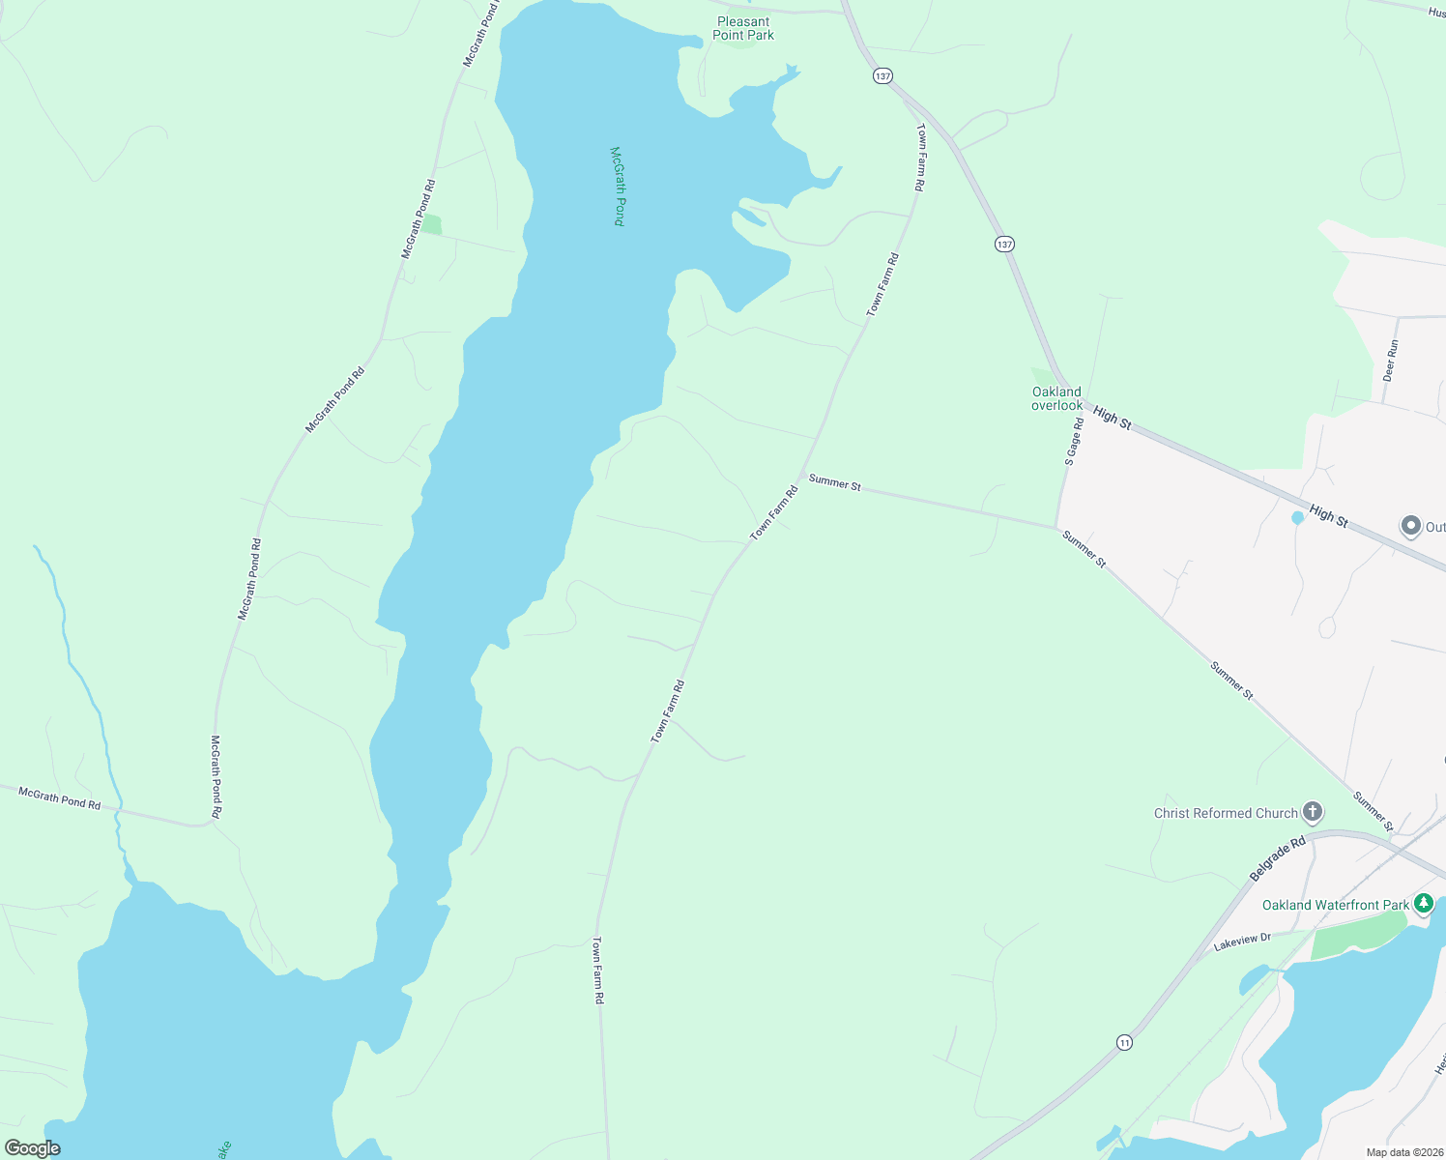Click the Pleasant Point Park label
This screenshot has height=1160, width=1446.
[x=743, y=28]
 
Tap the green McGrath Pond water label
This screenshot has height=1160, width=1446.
[x=618, y=187]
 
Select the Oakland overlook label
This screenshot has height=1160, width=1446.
[x=1056, y=398]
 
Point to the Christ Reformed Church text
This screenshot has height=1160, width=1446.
[x=1226, y=813]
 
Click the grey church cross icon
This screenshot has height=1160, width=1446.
[x=1312, y=811]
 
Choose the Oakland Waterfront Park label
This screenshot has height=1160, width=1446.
[x=1336, y=905]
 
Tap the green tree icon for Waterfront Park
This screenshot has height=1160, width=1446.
[x=1423, y=904]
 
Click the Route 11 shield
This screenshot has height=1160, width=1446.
[x=1123, y=1042]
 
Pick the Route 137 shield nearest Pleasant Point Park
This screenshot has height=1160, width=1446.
[x=882, y=75]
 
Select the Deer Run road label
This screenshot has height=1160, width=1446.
[x=1391, y=360]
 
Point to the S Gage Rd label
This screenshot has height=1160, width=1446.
[x=1074, y=442]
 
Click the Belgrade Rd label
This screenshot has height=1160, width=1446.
[x=1277, y=858]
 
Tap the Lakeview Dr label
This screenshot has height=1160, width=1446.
[x=1242, y=942]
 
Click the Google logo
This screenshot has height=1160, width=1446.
[x=33, y=1148]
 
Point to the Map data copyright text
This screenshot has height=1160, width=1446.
[x=1403, y=1152]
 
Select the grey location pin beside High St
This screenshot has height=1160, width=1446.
[x=1410, y=526]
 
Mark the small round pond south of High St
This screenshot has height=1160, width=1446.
[x=1298, y=517]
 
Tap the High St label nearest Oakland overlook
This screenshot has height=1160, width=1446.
[x=1112, y=418]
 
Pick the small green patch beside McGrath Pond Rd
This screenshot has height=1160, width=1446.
[x=431, y=225]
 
